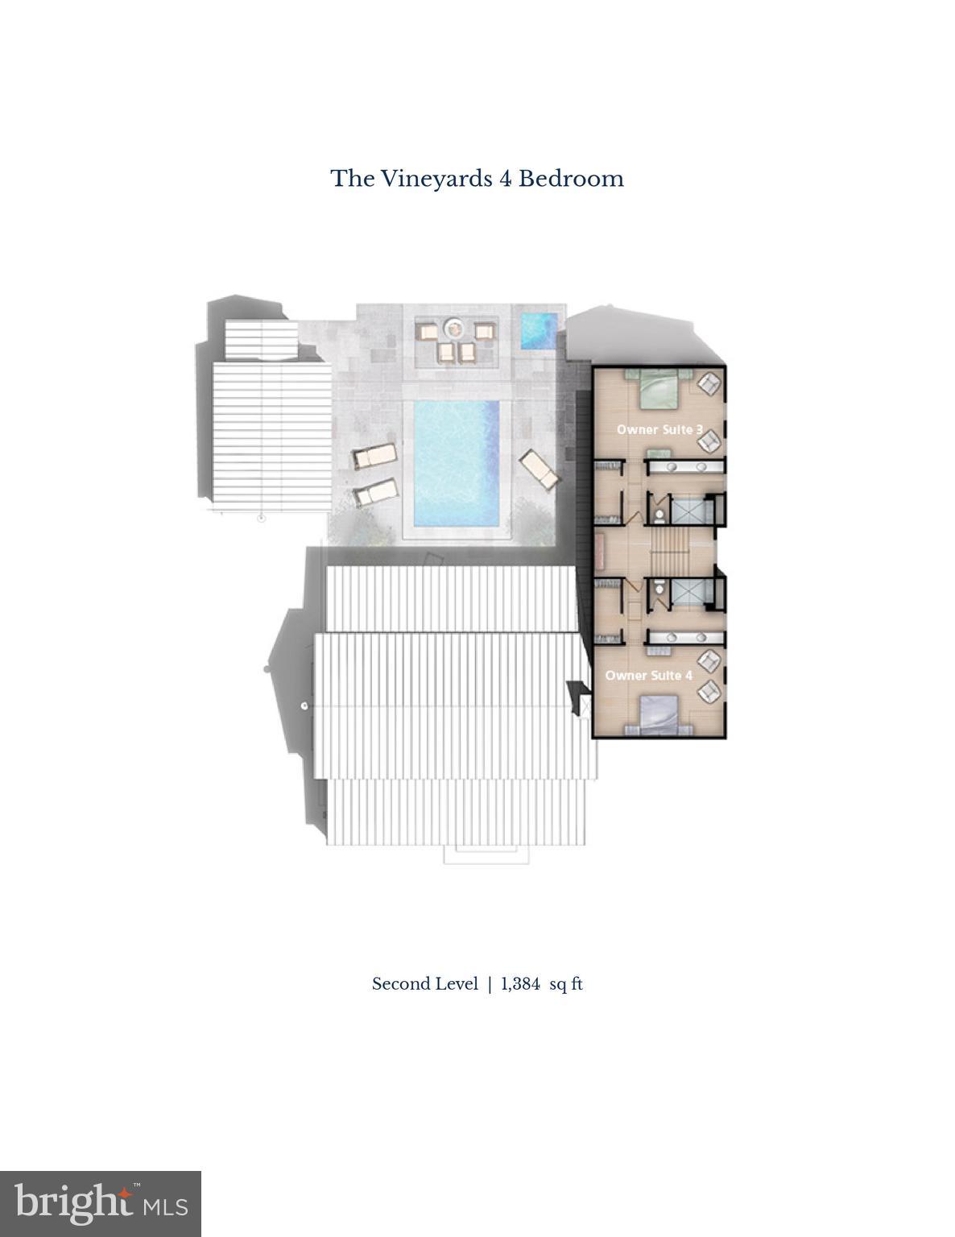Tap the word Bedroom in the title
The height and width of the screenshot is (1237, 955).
[x=570, y=178]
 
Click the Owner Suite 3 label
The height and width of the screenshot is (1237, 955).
[x=659, y=429]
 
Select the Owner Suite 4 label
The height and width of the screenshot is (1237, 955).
[x=648, y=675]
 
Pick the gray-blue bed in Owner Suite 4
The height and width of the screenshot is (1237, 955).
[x=659, y=716]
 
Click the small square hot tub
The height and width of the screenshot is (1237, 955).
[x=538, y=329]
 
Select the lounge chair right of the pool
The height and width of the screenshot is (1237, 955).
[x=539, y=469]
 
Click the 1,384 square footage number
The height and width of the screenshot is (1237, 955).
[x=520, y=983]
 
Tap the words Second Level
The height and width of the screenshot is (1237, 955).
[x=424, y=983]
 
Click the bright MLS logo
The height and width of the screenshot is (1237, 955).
[x=100, y=1203]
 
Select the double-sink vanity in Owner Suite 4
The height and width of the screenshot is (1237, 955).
[x=684, y=639]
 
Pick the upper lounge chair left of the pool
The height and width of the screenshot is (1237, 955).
[x=374, y=457]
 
